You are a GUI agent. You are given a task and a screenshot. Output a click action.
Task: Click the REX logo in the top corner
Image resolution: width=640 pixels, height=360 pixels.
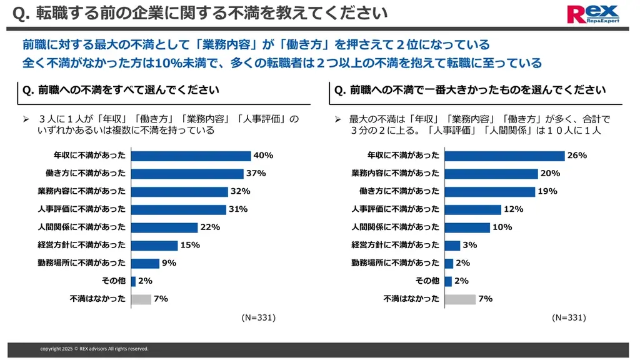(592, 14)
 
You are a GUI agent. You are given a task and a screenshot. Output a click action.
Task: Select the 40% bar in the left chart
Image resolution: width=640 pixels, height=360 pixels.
(191, 156)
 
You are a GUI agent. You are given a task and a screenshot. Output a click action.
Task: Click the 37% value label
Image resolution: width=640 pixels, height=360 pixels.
(256, 173)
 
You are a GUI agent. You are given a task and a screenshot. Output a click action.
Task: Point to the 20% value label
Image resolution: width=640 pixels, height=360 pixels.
(550, 173)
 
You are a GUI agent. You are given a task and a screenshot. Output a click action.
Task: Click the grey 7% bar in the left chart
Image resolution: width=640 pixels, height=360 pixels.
(141, 299)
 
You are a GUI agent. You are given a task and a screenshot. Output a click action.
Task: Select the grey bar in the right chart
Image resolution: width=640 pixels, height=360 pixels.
(459, 299)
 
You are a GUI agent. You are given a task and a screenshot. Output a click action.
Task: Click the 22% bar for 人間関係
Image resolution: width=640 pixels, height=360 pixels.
(164, 227)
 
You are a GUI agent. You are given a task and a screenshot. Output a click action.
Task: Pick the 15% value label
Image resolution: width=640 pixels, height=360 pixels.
(190, 245)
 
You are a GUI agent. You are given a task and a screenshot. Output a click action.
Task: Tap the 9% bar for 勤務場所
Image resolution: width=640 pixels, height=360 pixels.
(145, 263)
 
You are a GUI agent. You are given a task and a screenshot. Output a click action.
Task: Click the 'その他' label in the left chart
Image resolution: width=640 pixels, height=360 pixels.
(114, 281)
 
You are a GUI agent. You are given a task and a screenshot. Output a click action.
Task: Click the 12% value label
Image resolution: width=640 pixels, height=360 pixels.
(513, 209)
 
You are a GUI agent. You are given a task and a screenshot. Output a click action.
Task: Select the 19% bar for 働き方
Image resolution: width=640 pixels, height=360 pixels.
(489, 191)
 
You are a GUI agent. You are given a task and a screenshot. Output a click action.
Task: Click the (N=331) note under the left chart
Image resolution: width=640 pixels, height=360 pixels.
(258, 317)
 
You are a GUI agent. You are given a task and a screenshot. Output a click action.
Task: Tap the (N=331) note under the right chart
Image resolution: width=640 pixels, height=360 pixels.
(569, 317)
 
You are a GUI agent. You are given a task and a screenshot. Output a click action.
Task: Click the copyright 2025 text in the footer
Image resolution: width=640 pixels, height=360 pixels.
(94, 349)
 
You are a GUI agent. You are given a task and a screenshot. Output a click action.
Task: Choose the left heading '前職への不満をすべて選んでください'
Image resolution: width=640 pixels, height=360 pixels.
(121, 90)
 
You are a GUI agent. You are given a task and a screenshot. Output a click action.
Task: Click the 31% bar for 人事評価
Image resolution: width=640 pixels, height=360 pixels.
(178, 209)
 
